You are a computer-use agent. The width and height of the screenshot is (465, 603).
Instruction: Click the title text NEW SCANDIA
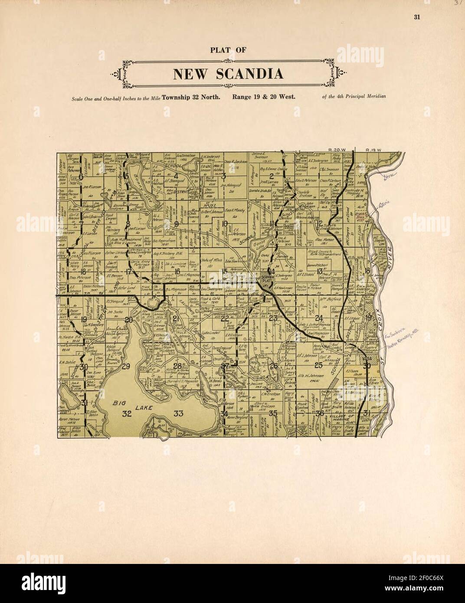[x=229, y=74]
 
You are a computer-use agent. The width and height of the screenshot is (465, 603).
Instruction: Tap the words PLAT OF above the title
[x=229, y=49]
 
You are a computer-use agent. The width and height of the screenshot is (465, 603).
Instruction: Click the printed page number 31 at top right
[x=418, y=17]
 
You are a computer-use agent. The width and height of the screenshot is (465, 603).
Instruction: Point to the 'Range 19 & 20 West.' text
[x=264, y=96]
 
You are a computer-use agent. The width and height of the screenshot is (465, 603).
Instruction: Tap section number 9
[x=177, y=224]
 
